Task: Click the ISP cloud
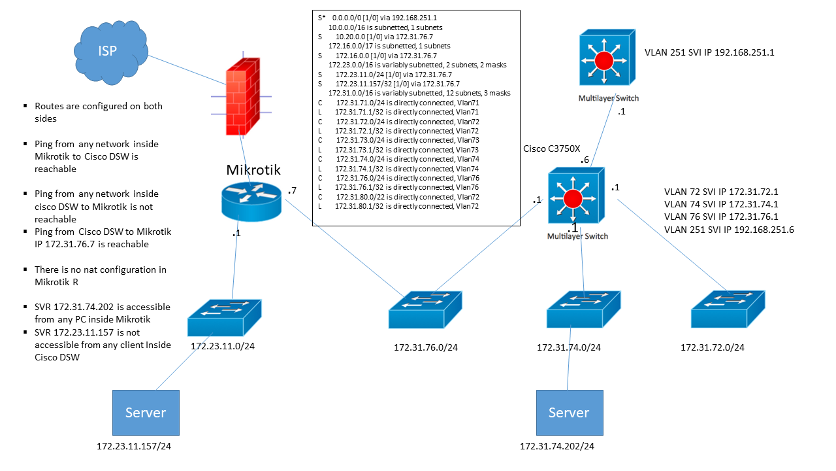click(x=107, y=52)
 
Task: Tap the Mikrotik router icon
click(x=251, y=199)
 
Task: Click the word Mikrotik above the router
click(x=253, y=170)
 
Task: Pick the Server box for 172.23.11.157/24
click(x=146, y=413)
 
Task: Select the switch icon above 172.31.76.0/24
click(x=426, y=309)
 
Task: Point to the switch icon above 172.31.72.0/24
click(x=728, y=309)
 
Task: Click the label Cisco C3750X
click(x=551, y=148)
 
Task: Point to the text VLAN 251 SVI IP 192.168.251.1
click(x=709, y=52)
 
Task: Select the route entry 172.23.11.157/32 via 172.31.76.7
click(x=392, y=84)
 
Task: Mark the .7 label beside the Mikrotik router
click(x=293, y=191)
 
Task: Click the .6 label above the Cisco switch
click(x=586, y=160)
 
